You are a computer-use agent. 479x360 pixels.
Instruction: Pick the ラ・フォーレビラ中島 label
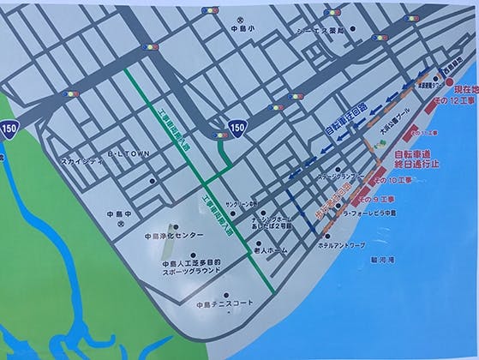coord(366,213)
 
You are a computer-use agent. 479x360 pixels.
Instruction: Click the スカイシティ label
coord(83,159)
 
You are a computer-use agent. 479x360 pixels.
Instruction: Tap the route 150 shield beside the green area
coord(9,130)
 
